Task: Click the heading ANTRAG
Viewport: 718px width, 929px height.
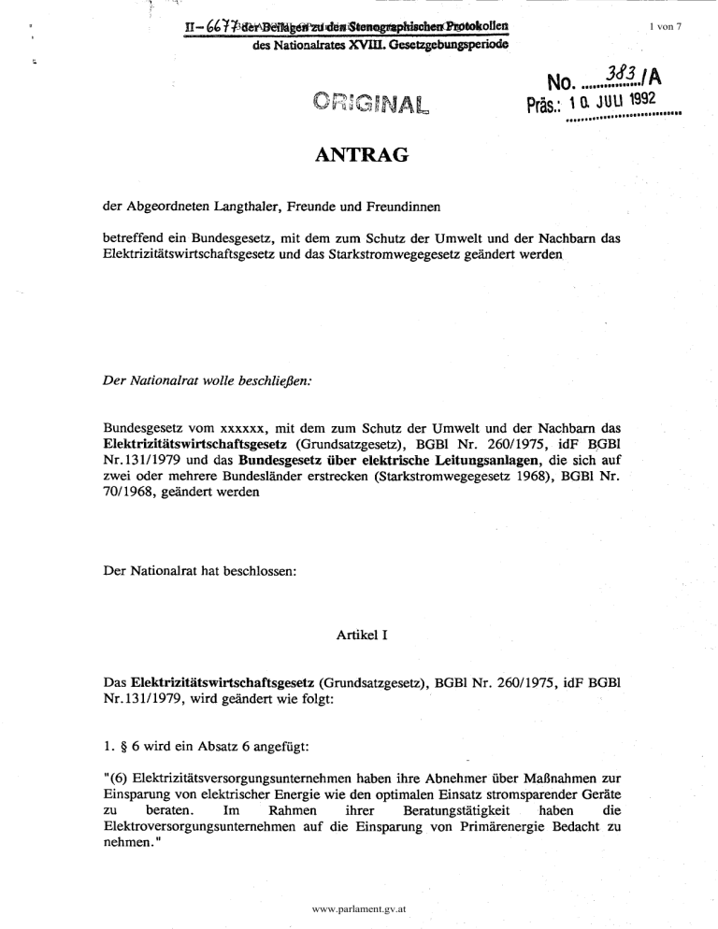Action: [x=360, y=154]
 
